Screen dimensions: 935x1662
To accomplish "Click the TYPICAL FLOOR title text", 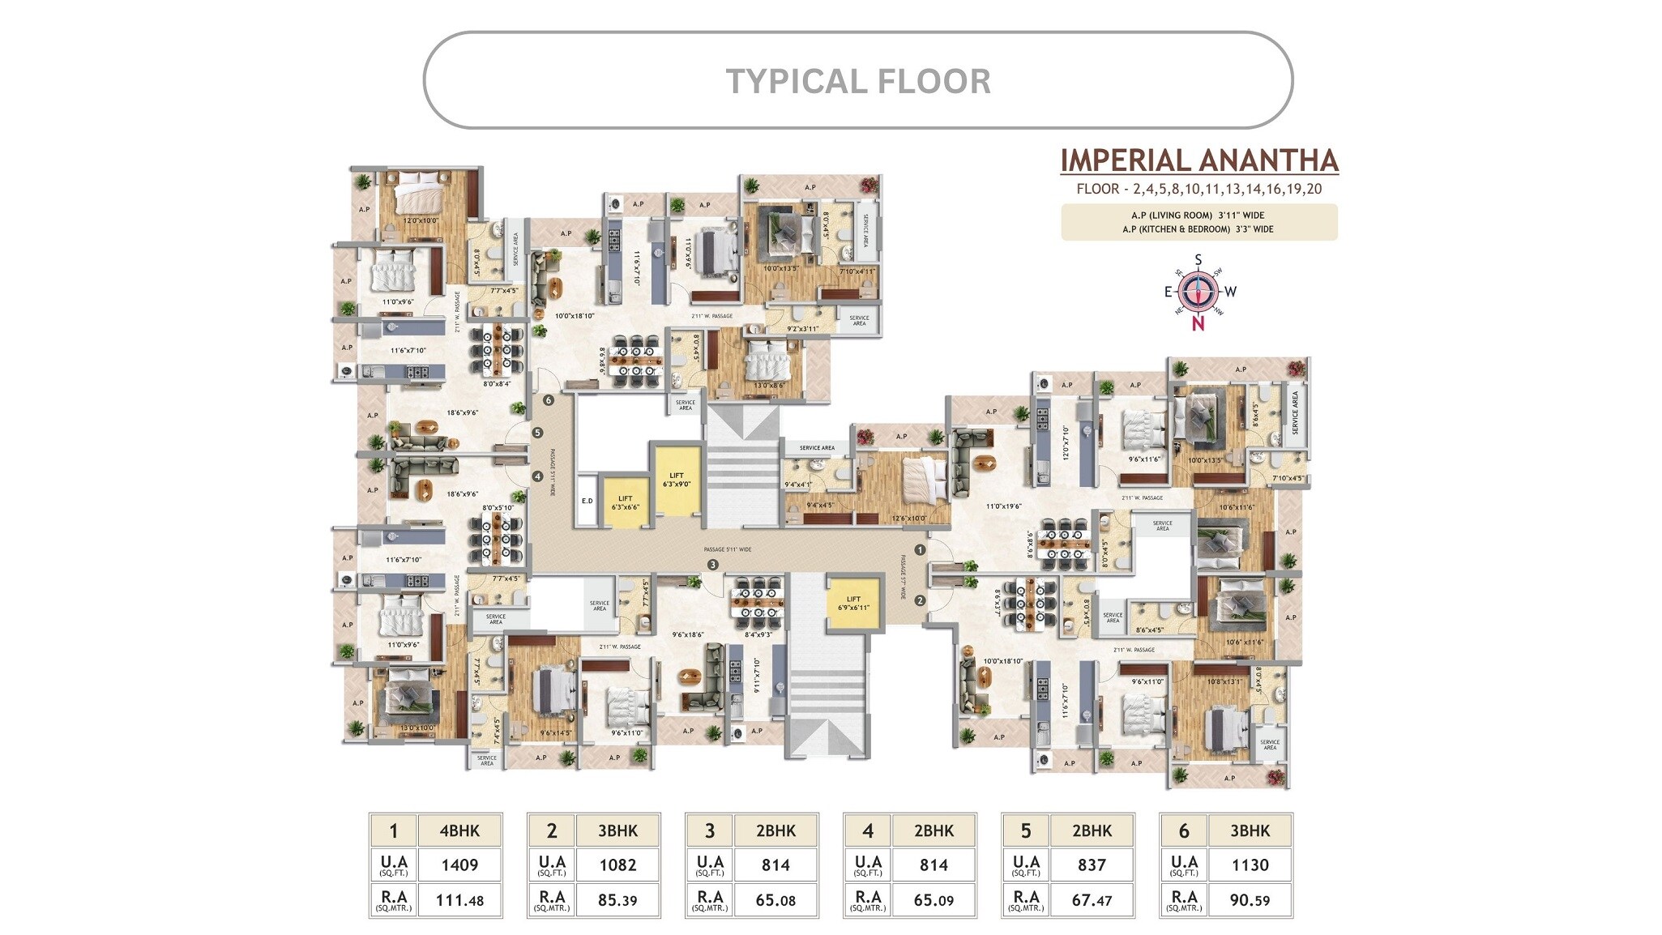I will coord(857,81).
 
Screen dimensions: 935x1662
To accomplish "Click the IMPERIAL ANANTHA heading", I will coord(1198,160).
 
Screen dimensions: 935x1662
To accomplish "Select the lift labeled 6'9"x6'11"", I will coord(853,603).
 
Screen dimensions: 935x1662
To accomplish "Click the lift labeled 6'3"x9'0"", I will coord(677,480).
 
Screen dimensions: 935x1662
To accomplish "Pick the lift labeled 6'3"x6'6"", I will coord(625,503).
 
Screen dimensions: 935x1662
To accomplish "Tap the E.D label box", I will coord(587,501).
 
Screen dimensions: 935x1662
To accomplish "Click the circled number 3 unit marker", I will coord(712,565).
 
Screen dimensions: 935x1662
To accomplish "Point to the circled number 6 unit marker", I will coord(549,400).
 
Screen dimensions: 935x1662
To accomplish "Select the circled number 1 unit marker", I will coord(920,549).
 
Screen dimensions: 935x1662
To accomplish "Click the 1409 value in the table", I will coord(459,865).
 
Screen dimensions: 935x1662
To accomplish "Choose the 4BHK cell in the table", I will coord(459,830).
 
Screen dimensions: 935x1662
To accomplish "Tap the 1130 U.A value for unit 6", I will coord(1250,865).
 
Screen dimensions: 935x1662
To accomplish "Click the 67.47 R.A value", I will coord(1092,900).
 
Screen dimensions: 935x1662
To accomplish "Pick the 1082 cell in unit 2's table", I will coord(617,865).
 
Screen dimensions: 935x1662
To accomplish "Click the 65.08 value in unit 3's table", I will coord(775,900).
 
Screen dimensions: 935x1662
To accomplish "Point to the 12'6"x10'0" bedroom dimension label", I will coord(908,519).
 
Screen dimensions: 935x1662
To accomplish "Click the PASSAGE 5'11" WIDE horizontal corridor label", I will coord(727,549).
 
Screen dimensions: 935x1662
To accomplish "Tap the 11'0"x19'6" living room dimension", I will coord(1003,506).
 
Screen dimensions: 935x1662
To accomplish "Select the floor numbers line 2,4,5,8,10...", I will coord(1198,190).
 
